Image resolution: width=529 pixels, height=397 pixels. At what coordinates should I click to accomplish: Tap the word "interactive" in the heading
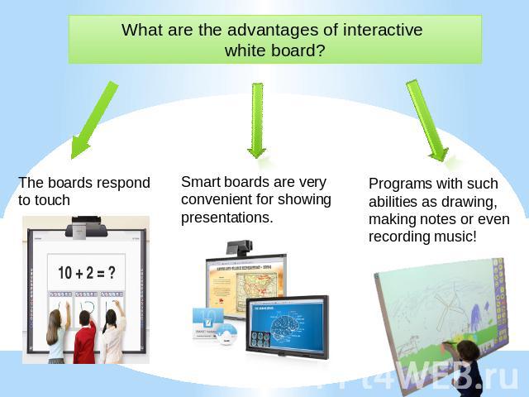383,30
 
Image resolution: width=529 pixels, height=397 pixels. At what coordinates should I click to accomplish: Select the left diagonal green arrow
94,120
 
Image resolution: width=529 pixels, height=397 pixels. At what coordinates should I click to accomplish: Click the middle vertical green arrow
257,121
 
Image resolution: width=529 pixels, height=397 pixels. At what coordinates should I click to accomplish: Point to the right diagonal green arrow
427,120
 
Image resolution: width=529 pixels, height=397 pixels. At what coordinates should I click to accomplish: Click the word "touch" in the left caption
44,200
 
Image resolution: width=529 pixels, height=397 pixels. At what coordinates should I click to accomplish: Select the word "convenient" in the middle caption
216,199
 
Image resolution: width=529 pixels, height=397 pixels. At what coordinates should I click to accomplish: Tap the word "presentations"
226,218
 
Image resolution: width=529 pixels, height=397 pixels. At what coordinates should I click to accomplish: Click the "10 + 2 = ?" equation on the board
87,272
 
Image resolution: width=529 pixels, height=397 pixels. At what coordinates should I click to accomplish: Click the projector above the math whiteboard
86,227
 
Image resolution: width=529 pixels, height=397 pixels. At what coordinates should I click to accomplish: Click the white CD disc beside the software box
226,334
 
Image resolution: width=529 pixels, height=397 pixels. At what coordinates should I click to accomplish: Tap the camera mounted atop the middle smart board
239,247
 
